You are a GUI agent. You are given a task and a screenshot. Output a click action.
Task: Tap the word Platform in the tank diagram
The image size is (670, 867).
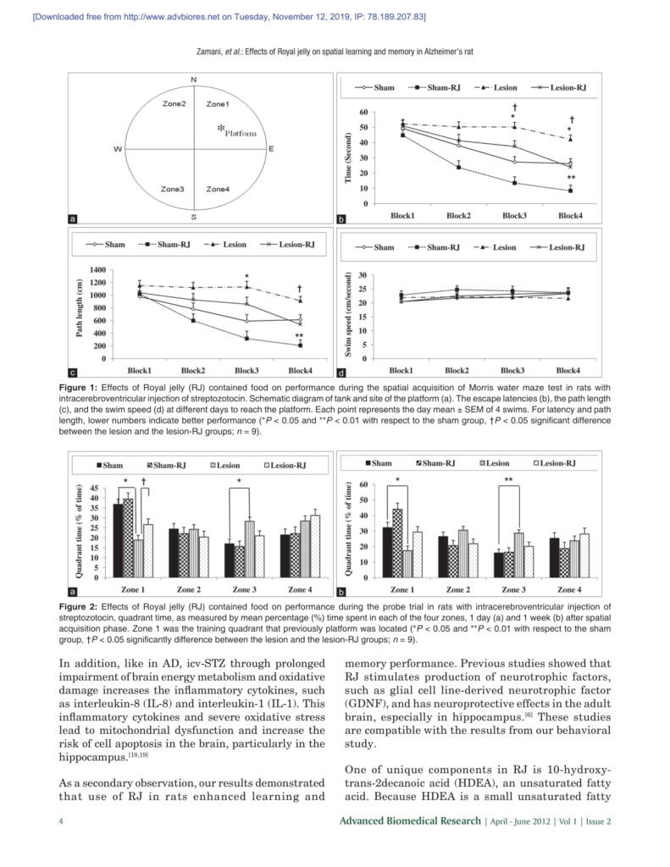(x=241, y=133)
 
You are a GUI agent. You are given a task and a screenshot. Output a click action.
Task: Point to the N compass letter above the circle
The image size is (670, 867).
(x=194, y=80)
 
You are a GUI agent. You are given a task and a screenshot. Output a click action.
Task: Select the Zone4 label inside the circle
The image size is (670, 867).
(x=218, y=189)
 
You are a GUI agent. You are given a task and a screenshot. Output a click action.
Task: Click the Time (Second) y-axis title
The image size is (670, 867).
(x=348, y=157)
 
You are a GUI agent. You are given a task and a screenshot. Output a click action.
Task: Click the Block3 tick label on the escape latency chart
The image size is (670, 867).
(x=514, y=216)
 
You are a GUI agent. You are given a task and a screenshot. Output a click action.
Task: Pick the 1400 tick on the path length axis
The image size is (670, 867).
(x=95, y=269)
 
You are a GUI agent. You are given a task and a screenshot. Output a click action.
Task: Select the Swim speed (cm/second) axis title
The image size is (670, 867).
(x=348, y=314)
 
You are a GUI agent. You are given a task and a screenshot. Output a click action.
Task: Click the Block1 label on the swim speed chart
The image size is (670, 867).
(x=401, y=370)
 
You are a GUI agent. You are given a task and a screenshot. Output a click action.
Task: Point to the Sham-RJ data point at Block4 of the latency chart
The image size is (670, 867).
(x=570, y=191)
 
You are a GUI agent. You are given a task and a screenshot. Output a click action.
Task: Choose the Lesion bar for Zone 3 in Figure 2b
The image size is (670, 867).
(x=518, y=555)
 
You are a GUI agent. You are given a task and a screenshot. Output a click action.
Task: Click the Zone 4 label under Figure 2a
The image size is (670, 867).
(x=302, y=588)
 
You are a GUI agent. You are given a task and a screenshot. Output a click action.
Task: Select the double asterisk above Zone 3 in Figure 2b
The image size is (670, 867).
(x=509, y=480)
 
